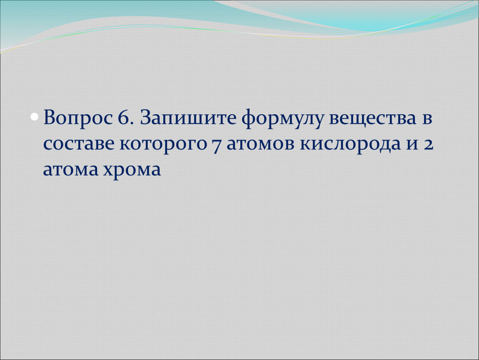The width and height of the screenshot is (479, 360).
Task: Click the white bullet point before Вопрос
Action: tap(35, 117)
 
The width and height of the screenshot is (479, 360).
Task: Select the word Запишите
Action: tap(188, 117)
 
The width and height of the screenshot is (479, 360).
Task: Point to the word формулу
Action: tap(282, 119)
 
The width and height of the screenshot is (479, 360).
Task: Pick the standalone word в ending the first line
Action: tap(427, 119)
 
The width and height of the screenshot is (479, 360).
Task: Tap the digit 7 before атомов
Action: tap(216, 145)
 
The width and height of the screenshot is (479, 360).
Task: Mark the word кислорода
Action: tap(350, 145)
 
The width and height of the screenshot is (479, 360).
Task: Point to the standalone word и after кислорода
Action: tap(412, 145)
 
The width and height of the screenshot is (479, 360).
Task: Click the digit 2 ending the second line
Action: tap(429, 144)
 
